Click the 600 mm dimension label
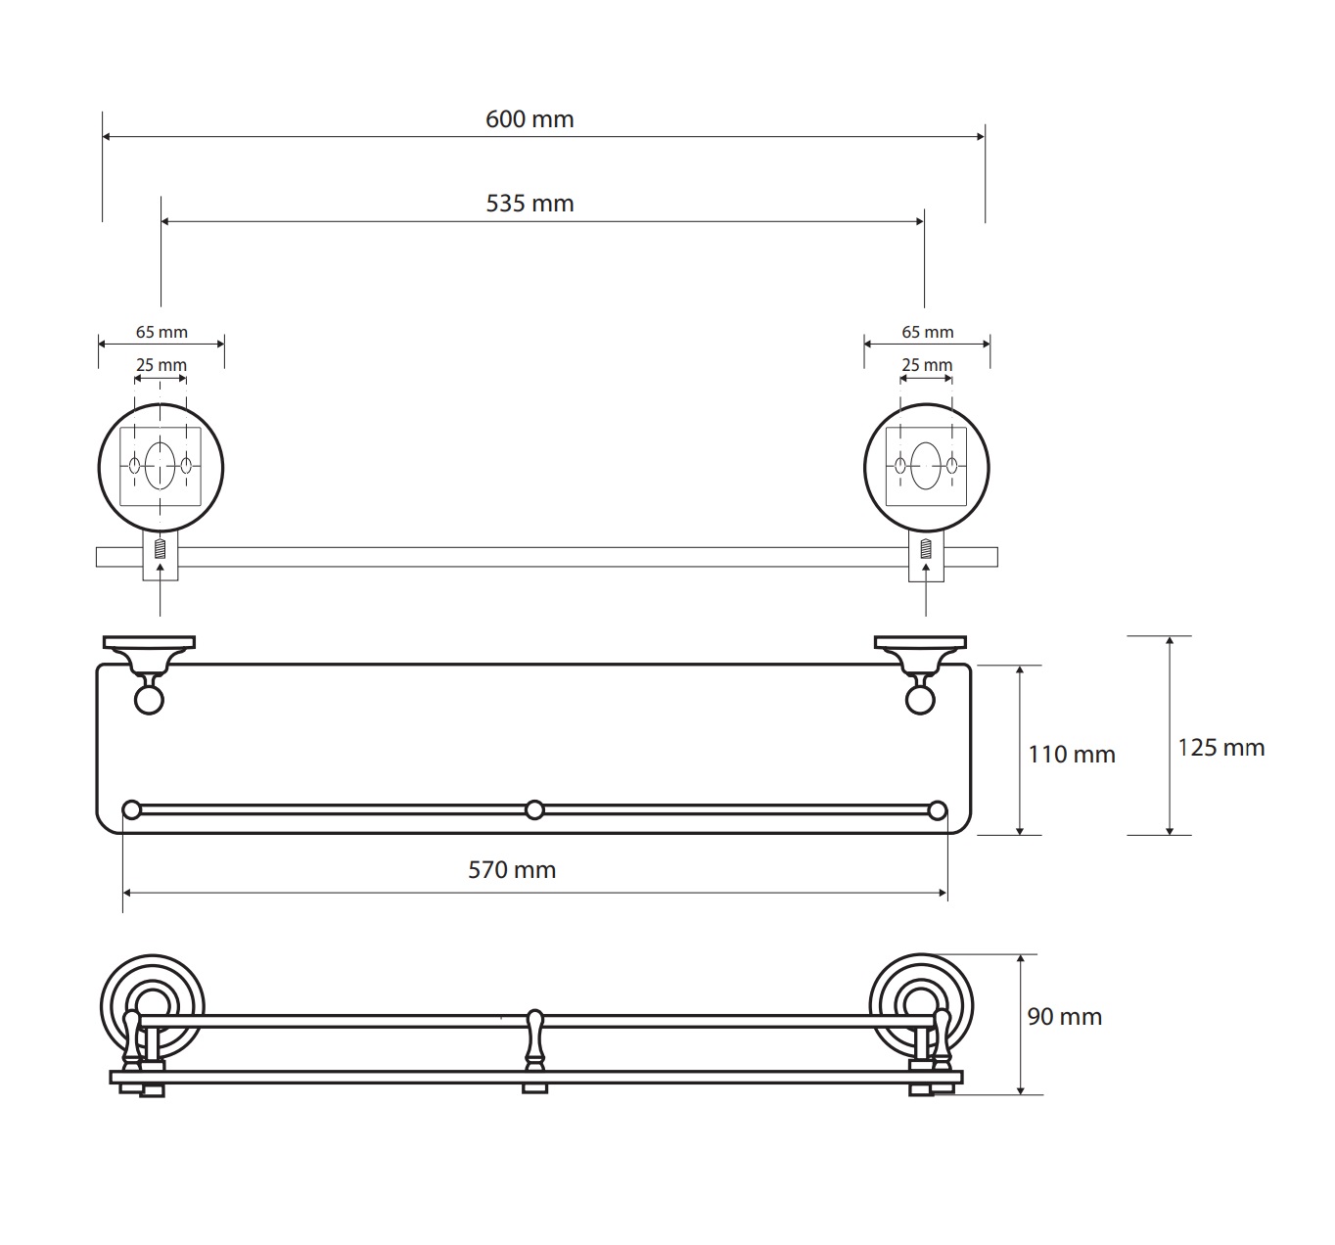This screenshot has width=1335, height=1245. [x=529, y=119]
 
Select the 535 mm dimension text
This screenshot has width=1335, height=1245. [x=529, y=204]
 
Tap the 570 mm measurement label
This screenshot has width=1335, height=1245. [x=512, y=870]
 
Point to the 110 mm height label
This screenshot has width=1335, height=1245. [x=1072, y=755]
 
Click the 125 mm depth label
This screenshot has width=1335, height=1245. [x=1221, y=748]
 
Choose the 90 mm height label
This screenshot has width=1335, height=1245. [x=1065, y=1016]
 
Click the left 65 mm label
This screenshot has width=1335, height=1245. [x=161, y=332]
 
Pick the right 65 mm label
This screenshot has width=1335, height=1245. [x=928, y=332]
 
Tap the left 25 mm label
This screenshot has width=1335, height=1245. [x=161, y=365]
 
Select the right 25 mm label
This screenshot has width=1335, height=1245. [x=927, y=365]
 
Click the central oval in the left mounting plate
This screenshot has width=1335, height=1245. [x=160, y=465]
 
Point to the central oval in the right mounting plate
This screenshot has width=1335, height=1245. [x=926, y=465]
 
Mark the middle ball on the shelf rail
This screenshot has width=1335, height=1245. [x=534, y=810]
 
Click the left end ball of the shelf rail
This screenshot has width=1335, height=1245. [x=132, y=810]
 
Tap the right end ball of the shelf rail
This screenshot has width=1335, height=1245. [x=937, y=810]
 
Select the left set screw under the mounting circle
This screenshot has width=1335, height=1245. [x=160, y=549]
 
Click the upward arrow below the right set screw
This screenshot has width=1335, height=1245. [x=926, y=589]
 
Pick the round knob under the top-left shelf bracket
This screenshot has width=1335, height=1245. [x=149, y=700]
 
